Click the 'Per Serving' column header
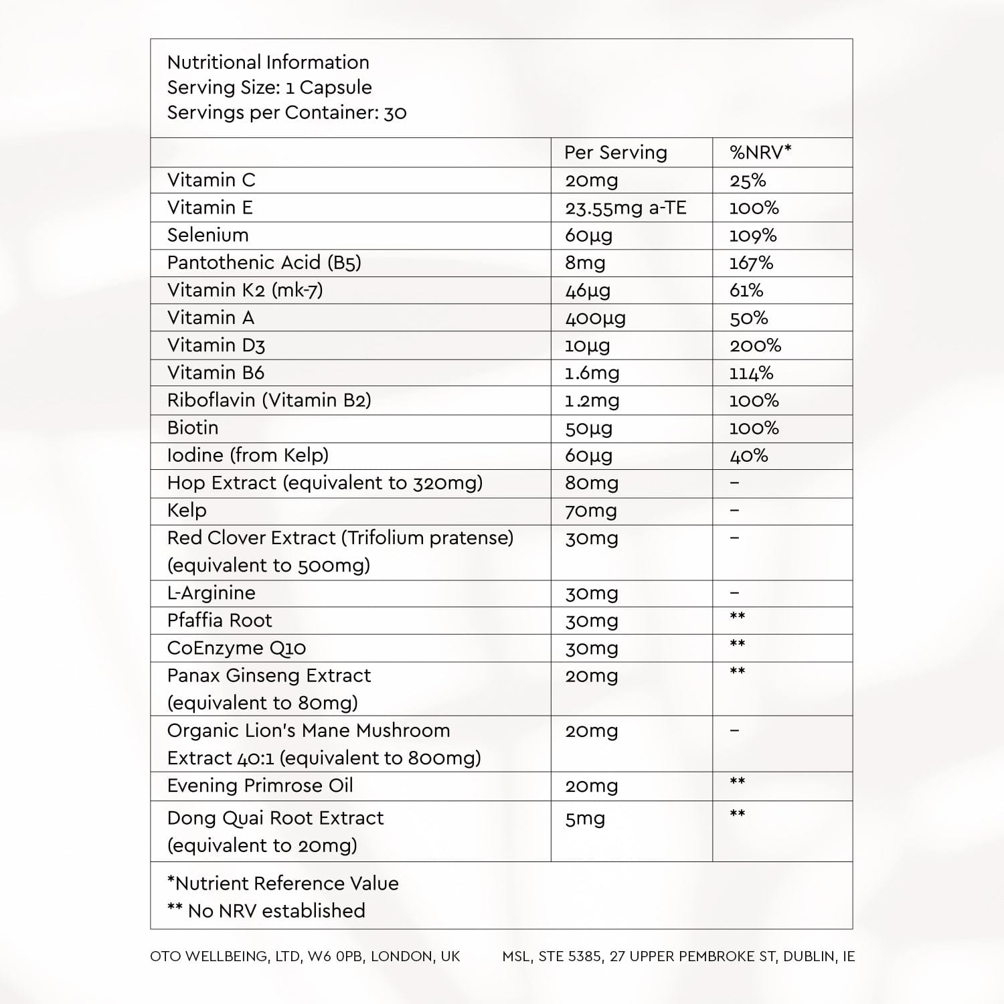[x=615, y=153]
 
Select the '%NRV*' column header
[x=760, y=153]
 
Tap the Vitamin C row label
[x=211, y=180]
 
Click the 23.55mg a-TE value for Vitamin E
[x=625, y=208]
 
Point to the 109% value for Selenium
[x=752, y=236]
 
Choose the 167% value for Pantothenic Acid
[x=751, y=263]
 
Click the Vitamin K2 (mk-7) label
[x=245, y=290]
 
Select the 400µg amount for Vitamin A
[x=595, y=318]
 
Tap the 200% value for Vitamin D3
[x=755, y=345]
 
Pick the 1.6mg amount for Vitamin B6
[x=592, y=373]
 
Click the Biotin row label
[x=193, y=428]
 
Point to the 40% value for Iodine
[x=748, y=456]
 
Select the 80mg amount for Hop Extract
[x=592, y=483]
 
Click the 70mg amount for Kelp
[x=591, y=511]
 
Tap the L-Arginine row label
[x=211, y=593]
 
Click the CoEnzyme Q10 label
[x=236, y=648]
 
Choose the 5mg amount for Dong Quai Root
[x=584, y=819]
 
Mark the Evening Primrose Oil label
[x=260, y=786]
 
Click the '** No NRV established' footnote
[x=266, y=911]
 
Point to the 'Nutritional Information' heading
[x=268, y=62]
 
